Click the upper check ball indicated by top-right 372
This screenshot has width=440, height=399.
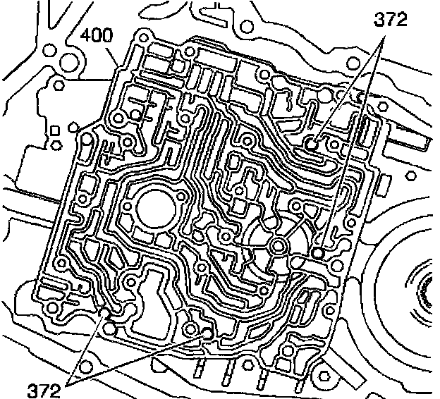click(311, 145)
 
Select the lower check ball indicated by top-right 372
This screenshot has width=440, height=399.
click(318, 252)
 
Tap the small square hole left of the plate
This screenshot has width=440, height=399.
click(54, 128)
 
